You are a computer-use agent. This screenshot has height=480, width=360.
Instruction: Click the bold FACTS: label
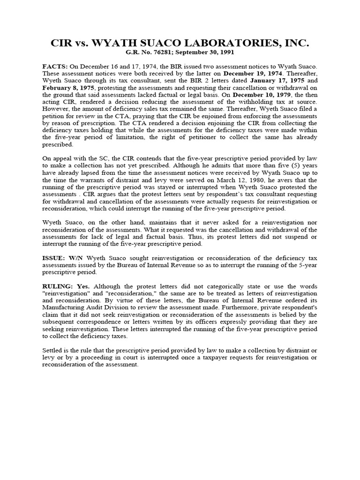55,67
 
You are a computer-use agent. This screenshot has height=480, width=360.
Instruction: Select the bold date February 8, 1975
65,88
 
